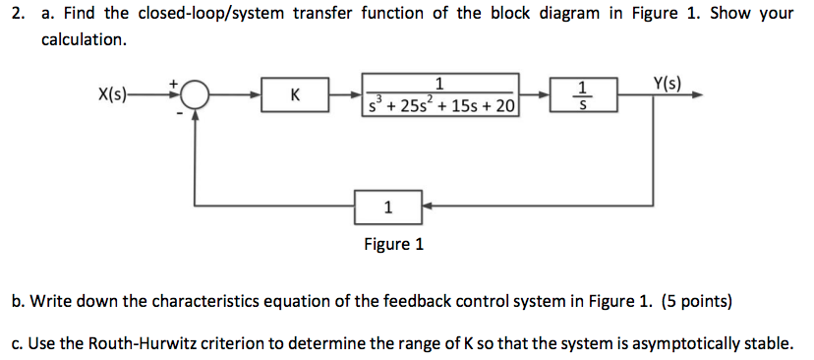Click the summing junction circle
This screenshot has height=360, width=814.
pos(196,95)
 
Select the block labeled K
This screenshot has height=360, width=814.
pos(295,95)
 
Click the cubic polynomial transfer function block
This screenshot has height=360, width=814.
pos(439,95)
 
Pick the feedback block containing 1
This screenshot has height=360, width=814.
pos(388,207)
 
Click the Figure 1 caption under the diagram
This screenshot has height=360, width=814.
pos(393,244)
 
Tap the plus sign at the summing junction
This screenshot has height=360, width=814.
pos(176,85)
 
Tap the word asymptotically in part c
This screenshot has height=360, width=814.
pos(658,343)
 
